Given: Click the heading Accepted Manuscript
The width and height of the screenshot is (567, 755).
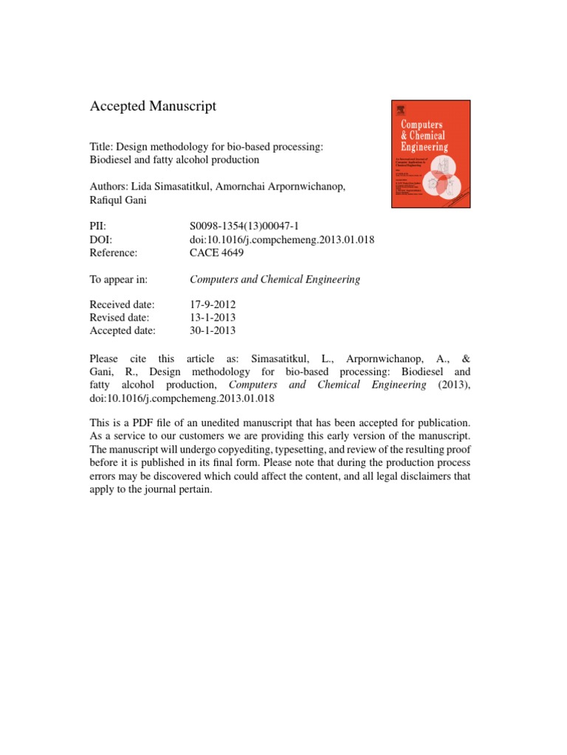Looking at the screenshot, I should [153, 106].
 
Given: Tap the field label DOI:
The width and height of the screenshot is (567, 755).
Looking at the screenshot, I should [103, 240].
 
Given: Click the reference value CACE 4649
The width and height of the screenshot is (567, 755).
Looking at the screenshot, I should [217, 253].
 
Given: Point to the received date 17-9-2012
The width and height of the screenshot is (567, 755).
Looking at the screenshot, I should [213, 305].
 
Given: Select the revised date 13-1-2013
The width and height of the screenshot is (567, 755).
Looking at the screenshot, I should [213, 318].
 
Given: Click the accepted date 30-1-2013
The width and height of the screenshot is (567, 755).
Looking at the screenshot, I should [213, 330].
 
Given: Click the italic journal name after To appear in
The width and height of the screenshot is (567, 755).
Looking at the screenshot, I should [275, 279].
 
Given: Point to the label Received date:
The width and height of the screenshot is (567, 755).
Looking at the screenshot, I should [122, 305].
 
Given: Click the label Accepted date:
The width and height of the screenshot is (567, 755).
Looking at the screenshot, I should [123, 330].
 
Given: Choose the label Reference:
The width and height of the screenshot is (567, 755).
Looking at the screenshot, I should [114, 253].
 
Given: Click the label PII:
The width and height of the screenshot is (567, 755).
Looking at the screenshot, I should [99, 228].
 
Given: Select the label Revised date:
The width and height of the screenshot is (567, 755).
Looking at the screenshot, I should [120, 318].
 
